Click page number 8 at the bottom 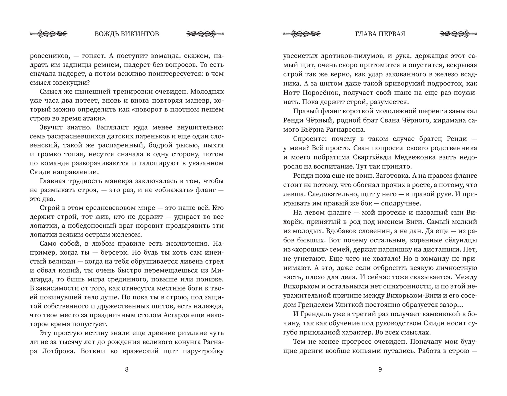pyautogui.click(x=127, y=369)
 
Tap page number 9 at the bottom pyautogui.click(x=380, y=369)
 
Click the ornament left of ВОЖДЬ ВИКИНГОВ pyautogui.click(x=49, y=34)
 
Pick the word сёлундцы pyautogui.click(x=461, y=240)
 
